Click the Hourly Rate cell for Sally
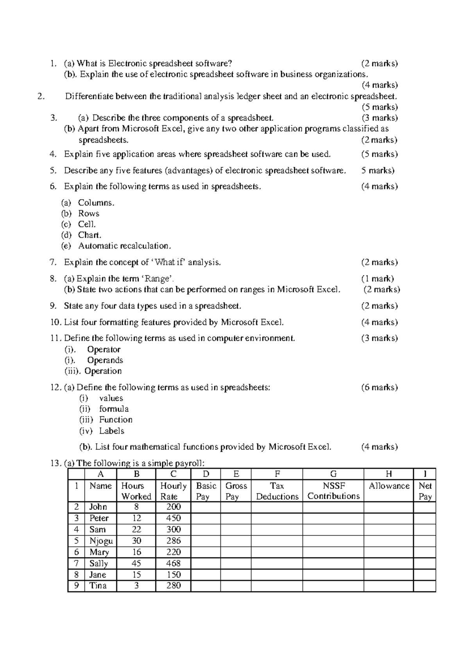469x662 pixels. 173,564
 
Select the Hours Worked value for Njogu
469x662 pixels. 136,541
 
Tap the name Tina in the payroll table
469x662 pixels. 98,585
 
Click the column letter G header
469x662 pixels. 333,474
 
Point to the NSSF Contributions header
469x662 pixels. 333,491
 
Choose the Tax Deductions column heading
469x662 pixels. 277,491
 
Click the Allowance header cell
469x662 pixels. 388,486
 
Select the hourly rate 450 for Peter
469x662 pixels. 173,518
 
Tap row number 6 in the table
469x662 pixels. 76,552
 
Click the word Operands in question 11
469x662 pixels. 105,360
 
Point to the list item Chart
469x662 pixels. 90,235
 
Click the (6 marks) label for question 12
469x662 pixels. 379,387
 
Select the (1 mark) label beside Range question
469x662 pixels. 378,279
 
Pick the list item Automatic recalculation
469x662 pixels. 124,246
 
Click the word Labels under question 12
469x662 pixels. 111,431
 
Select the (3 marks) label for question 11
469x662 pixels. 379,338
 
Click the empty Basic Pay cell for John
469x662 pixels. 206,507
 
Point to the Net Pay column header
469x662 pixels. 425,491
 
